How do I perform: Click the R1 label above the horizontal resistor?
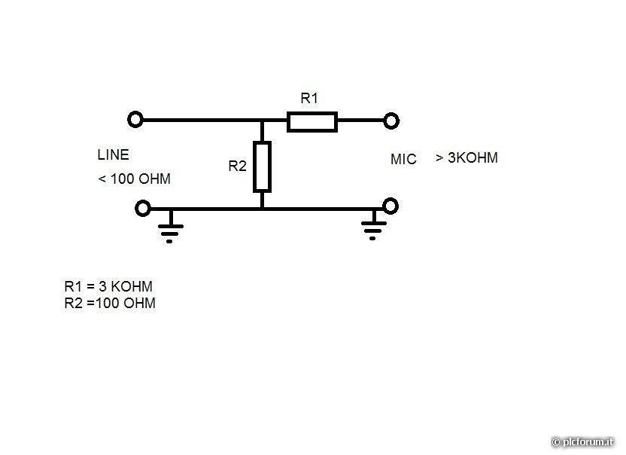tap(309, 98)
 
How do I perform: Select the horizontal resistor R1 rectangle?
tap(311, 121)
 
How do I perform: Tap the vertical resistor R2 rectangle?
tap(261, 166)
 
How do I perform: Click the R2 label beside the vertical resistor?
tap(237, 166)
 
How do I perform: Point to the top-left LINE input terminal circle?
tap(135, 120)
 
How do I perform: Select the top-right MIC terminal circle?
tap(390, 120)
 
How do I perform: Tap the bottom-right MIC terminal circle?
tap(390, 206)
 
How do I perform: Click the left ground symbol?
tap(171, 229)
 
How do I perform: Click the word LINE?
tap(113, 155)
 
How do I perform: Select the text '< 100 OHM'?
tap(134, 179)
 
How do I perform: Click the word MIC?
tap(403, 160)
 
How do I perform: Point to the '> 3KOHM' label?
tap(466, 158)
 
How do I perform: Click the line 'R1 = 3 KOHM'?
tap(109, 287)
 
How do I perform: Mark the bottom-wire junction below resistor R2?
tap(261, 209)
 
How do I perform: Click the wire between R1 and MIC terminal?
tap(361, 121)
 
